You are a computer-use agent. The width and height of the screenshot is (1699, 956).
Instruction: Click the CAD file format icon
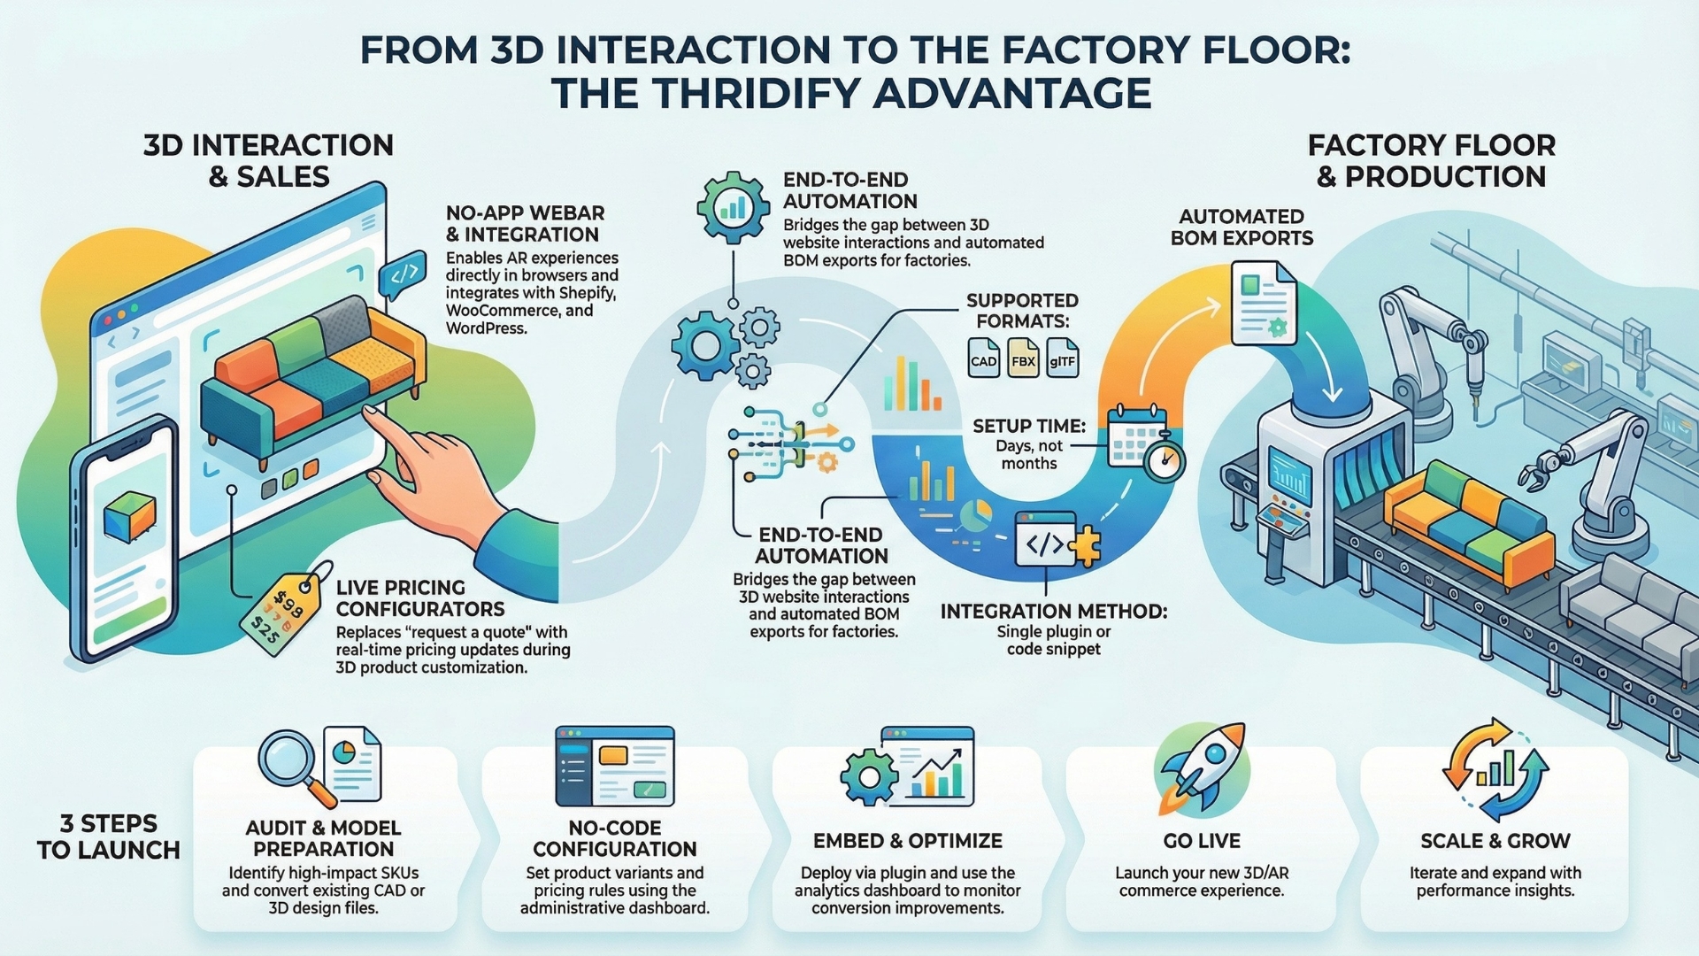(983, 358)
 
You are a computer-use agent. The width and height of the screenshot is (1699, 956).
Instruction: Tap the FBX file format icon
(1023, 358)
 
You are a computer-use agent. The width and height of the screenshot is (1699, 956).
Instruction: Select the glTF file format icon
(1062, 358)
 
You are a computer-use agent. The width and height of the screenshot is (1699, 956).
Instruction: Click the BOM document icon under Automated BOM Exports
(1263, 304)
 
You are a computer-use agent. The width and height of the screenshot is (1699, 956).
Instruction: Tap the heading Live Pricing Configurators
(419, 598)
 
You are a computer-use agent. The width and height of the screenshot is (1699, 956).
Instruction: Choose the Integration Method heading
(1053, 612)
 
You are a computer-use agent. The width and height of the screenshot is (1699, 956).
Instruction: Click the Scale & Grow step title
(1495, 841)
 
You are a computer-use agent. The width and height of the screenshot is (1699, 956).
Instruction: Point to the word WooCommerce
(504, 311)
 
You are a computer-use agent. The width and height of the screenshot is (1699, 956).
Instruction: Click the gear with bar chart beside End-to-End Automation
(733, 208)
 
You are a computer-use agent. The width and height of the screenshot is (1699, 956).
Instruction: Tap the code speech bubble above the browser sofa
(403, 275)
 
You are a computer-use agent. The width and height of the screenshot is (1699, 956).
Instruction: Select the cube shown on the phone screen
(129, 516)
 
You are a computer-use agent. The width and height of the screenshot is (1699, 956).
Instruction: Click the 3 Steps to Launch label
(108, 836)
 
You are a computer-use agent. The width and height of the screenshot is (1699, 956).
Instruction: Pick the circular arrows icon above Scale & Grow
(1495, 768)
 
